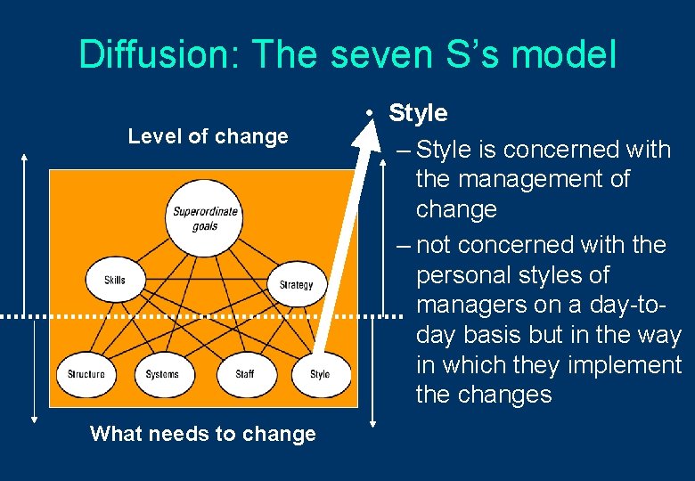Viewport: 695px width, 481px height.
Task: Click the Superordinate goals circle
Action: pos(205,218)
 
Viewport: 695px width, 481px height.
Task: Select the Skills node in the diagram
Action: pos(115,281)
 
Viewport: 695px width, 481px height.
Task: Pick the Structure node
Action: pos(86,374)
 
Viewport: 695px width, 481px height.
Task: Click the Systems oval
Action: pos(162,374)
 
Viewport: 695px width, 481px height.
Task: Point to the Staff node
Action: pos(244,374)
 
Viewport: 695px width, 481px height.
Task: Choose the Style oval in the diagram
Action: pos(319,374)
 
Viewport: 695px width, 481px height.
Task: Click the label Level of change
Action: pos(208,136)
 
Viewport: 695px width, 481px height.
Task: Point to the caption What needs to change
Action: pos(203,434)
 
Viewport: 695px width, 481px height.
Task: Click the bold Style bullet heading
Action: pos(418,113)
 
